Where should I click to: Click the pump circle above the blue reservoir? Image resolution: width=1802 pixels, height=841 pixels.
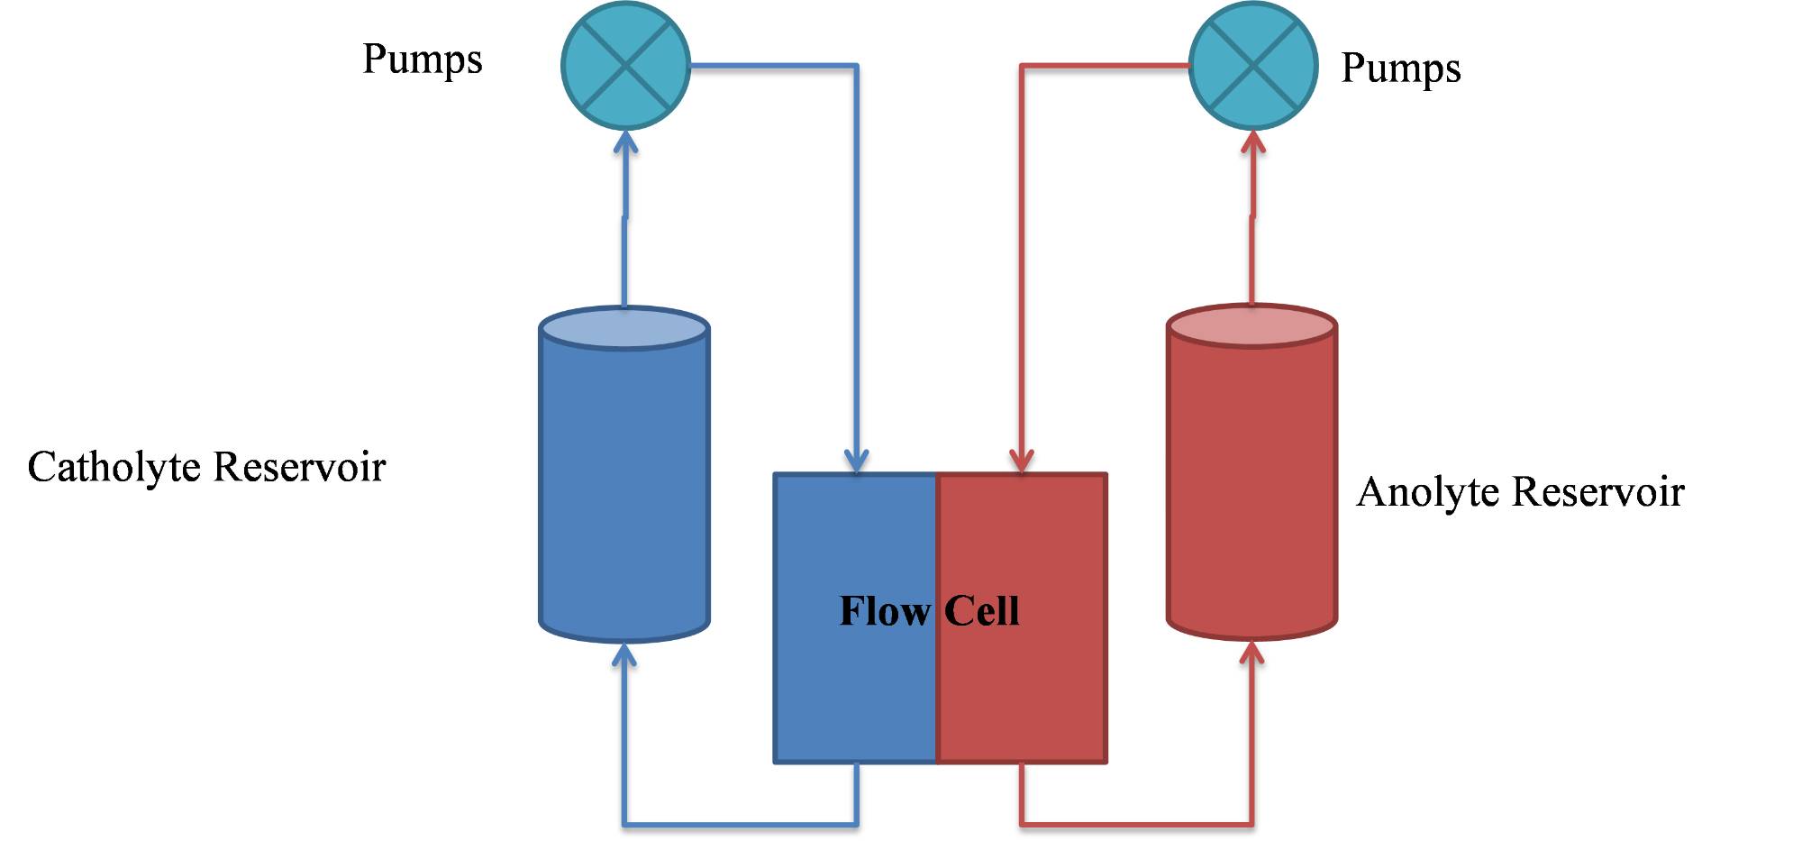click(625, 65)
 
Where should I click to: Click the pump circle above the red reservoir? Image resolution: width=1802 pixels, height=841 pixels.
click(1252, 65)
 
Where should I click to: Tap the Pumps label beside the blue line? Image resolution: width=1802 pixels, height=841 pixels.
click(422, 59)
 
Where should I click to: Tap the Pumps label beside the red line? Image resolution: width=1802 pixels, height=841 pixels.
click(1400, 69)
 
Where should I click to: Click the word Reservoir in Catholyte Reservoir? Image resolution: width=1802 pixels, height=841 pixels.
click(300, 467)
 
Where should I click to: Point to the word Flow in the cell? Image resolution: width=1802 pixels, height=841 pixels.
click(884, 611)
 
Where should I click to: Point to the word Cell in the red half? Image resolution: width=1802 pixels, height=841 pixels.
click(982, 611)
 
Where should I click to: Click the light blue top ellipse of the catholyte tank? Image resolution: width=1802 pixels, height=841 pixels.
click(623, 328)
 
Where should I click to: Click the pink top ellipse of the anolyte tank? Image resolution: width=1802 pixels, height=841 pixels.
click(1251, 326)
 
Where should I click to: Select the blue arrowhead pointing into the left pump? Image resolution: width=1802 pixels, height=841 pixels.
click(625, 142)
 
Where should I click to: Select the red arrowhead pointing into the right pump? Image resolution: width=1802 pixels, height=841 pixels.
click(1252, 142)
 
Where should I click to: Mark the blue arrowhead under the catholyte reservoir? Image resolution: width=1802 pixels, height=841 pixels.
click(623, 654)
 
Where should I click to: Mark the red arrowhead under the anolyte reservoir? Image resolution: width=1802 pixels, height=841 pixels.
click(1251, 652)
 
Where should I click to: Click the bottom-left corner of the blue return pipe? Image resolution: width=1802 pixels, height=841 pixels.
click(624, 824)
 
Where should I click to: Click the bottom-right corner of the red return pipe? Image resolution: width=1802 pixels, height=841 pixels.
click(1251, 824)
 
